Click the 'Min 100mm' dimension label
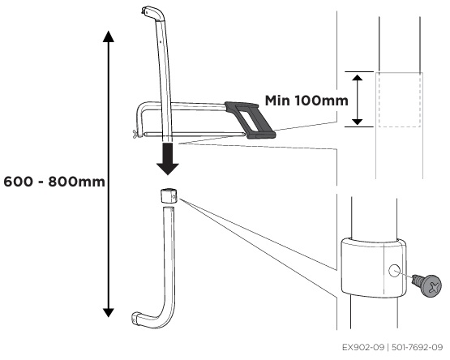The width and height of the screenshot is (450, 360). pos(306,101)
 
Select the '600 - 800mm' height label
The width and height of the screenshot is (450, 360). pos(54,182)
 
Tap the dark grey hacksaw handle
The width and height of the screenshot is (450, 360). pos(251,120)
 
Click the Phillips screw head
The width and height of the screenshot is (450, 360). pos(431,285)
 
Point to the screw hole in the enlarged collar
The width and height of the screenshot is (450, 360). pos(394,271)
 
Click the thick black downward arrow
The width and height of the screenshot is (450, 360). pos(168,158)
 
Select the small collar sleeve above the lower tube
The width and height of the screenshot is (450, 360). pos(168,195)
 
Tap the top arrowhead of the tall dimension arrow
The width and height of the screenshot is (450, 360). pos(109,36)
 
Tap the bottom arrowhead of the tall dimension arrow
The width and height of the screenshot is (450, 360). pos(109,312)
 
